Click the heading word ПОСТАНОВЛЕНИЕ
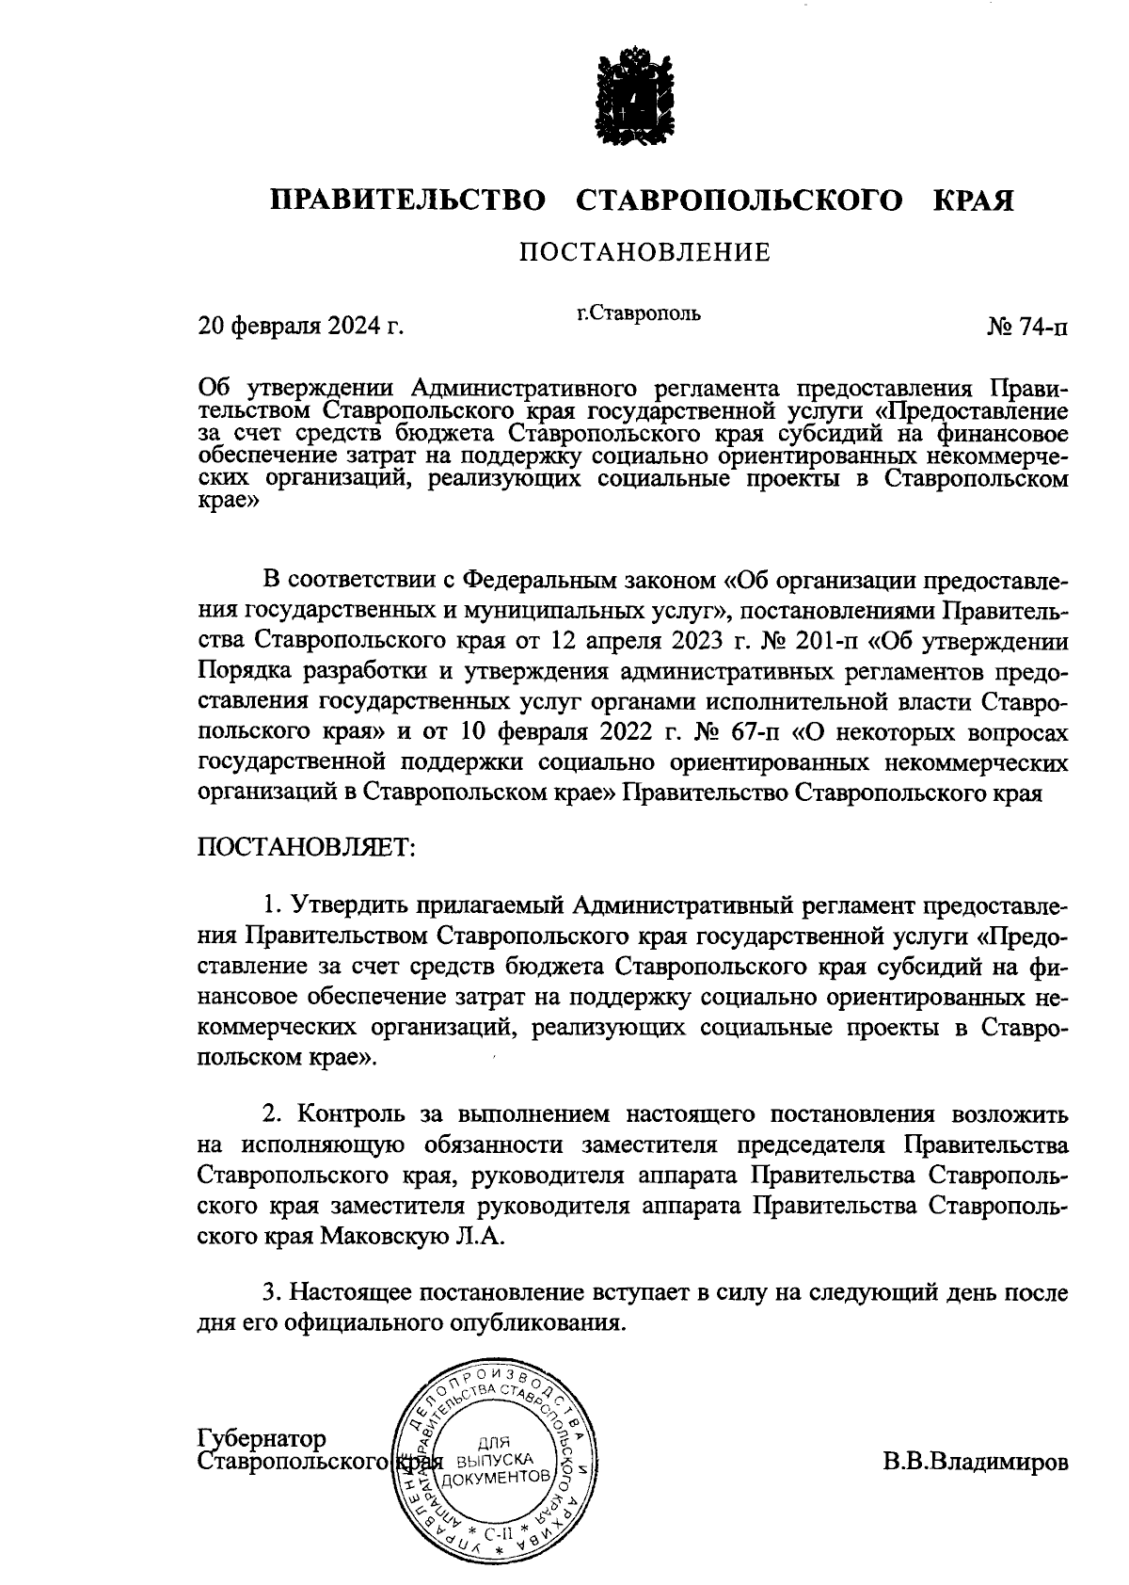(x=645, y=252)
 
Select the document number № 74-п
(x=1027, y=327)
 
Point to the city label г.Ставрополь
(x=639, y=312)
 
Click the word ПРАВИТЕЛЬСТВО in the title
(x=408, y=200)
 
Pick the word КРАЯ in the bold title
(x=974, y=200)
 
